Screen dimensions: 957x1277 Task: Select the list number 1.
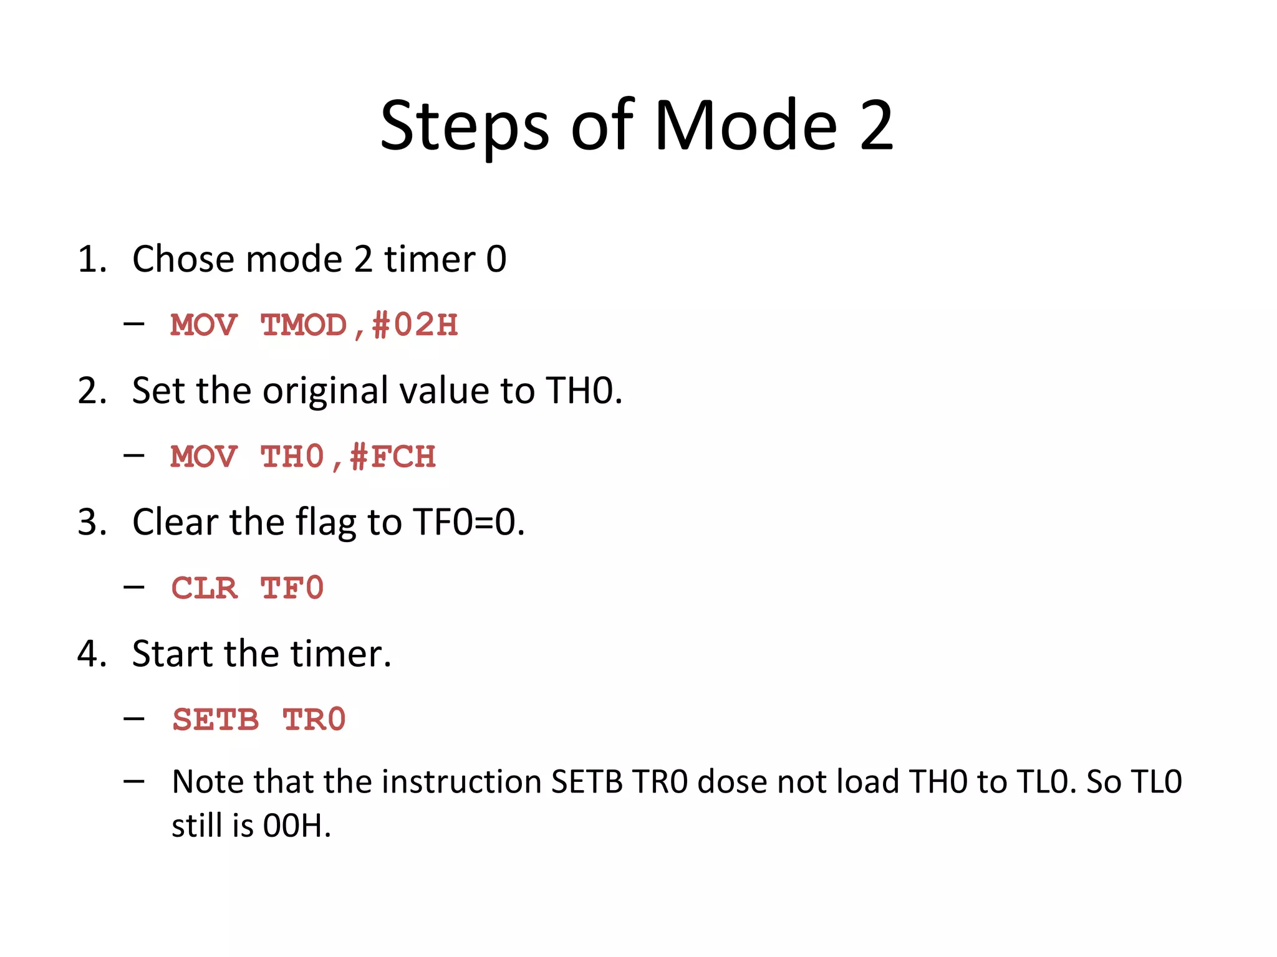90,259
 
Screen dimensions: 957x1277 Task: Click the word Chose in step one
184,259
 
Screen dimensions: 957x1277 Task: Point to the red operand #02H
415,325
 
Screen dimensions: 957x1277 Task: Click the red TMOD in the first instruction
304,325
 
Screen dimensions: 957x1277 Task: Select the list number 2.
90,391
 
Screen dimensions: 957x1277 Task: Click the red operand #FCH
393,457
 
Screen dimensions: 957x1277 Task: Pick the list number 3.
90,522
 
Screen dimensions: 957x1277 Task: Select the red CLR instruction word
205,589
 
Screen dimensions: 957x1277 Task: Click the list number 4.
90,654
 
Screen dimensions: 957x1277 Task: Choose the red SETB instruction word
216,720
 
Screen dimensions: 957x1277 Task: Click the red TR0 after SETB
314,720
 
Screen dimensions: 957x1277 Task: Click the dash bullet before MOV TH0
134,455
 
